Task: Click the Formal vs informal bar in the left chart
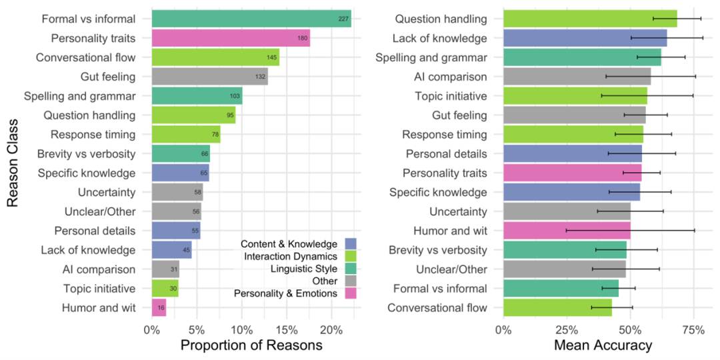click(251, 19)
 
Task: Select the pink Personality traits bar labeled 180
click(231, 38)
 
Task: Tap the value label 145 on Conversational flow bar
click(272, 57)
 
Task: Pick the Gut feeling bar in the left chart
click(209, 77)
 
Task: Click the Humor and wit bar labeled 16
click(159, 308)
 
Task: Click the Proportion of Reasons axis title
click(251, 345)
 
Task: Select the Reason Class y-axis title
click(13, 163)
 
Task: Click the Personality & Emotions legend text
click(285, 294)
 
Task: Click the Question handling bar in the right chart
click(589, 19)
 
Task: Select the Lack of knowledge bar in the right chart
click(585, 38)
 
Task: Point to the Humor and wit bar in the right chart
click(567, 231)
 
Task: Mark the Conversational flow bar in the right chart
click(557, 308)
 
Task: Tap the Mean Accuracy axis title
click(603, 345)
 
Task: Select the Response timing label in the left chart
click(93, 135)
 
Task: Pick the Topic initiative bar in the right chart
click(575, 96)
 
